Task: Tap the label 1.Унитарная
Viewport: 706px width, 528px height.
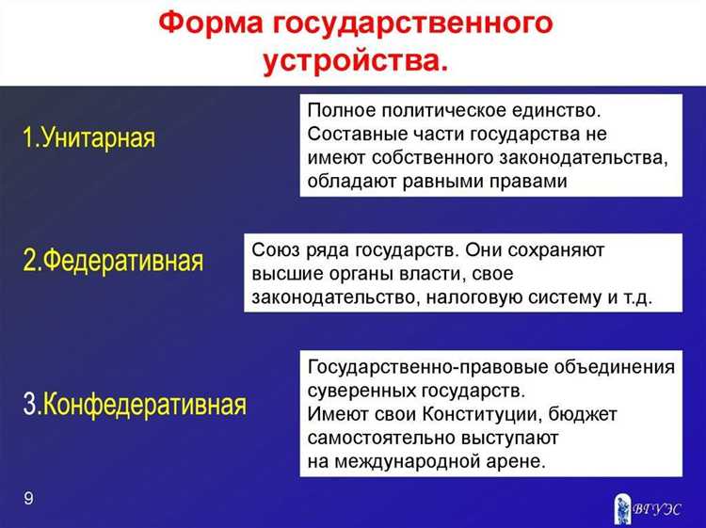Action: click(x=88, y=138)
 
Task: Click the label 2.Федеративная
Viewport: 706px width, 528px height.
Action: click(x=113, y=261)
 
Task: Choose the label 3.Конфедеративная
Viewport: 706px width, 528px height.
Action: click(x=135, y=404)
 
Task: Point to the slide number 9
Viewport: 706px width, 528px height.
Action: click(x=28, y=498)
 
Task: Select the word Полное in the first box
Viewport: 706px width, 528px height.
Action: click(x=338, y=111)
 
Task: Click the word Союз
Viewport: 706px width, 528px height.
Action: click(x=274, y=250)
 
